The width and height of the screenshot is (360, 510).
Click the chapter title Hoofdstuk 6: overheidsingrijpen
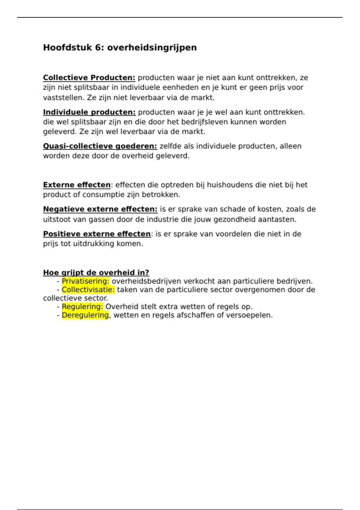point(120,47)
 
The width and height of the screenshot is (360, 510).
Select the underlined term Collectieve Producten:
point(89,78)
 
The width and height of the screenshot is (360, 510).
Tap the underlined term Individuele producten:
point(89,112)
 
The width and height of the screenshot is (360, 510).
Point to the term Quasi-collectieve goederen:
point(100,146)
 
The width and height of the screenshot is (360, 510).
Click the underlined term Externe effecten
point(77,185)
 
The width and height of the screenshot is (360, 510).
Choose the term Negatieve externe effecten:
point(100,209)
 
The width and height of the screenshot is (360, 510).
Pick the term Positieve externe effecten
point(97,234)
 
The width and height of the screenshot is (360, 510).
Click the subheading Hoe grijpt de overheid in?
point(96,272)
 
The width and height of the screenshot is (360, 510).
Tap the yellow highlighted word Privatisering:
point(85,281)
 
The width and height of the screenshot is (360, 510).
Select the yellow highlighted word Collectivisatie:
point(88,289)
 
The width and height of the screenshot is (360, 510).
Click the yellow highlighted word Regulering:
point(82,307)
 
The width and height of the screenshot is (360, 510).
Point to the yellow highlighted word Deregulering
point(85,315)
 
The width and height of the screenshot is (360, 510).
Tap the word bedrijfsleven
point(205,122)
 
